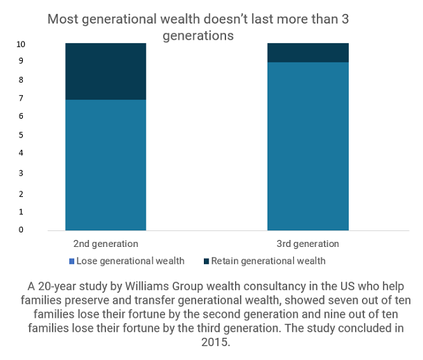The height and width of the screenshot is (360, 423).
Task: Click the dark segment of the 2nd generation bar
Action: click(105, 71)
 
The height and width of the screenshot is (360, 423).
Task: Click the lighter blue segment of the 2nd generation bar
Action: click(105, 164)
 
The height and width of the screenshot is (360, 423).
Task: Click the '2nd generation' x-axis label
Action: click(106, 243)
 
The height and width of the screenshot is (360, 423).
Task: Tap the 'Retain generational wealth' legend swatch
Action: click(205, 262)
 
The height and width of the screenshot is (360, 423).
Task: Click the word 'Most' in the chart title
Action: click(62, 19)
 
